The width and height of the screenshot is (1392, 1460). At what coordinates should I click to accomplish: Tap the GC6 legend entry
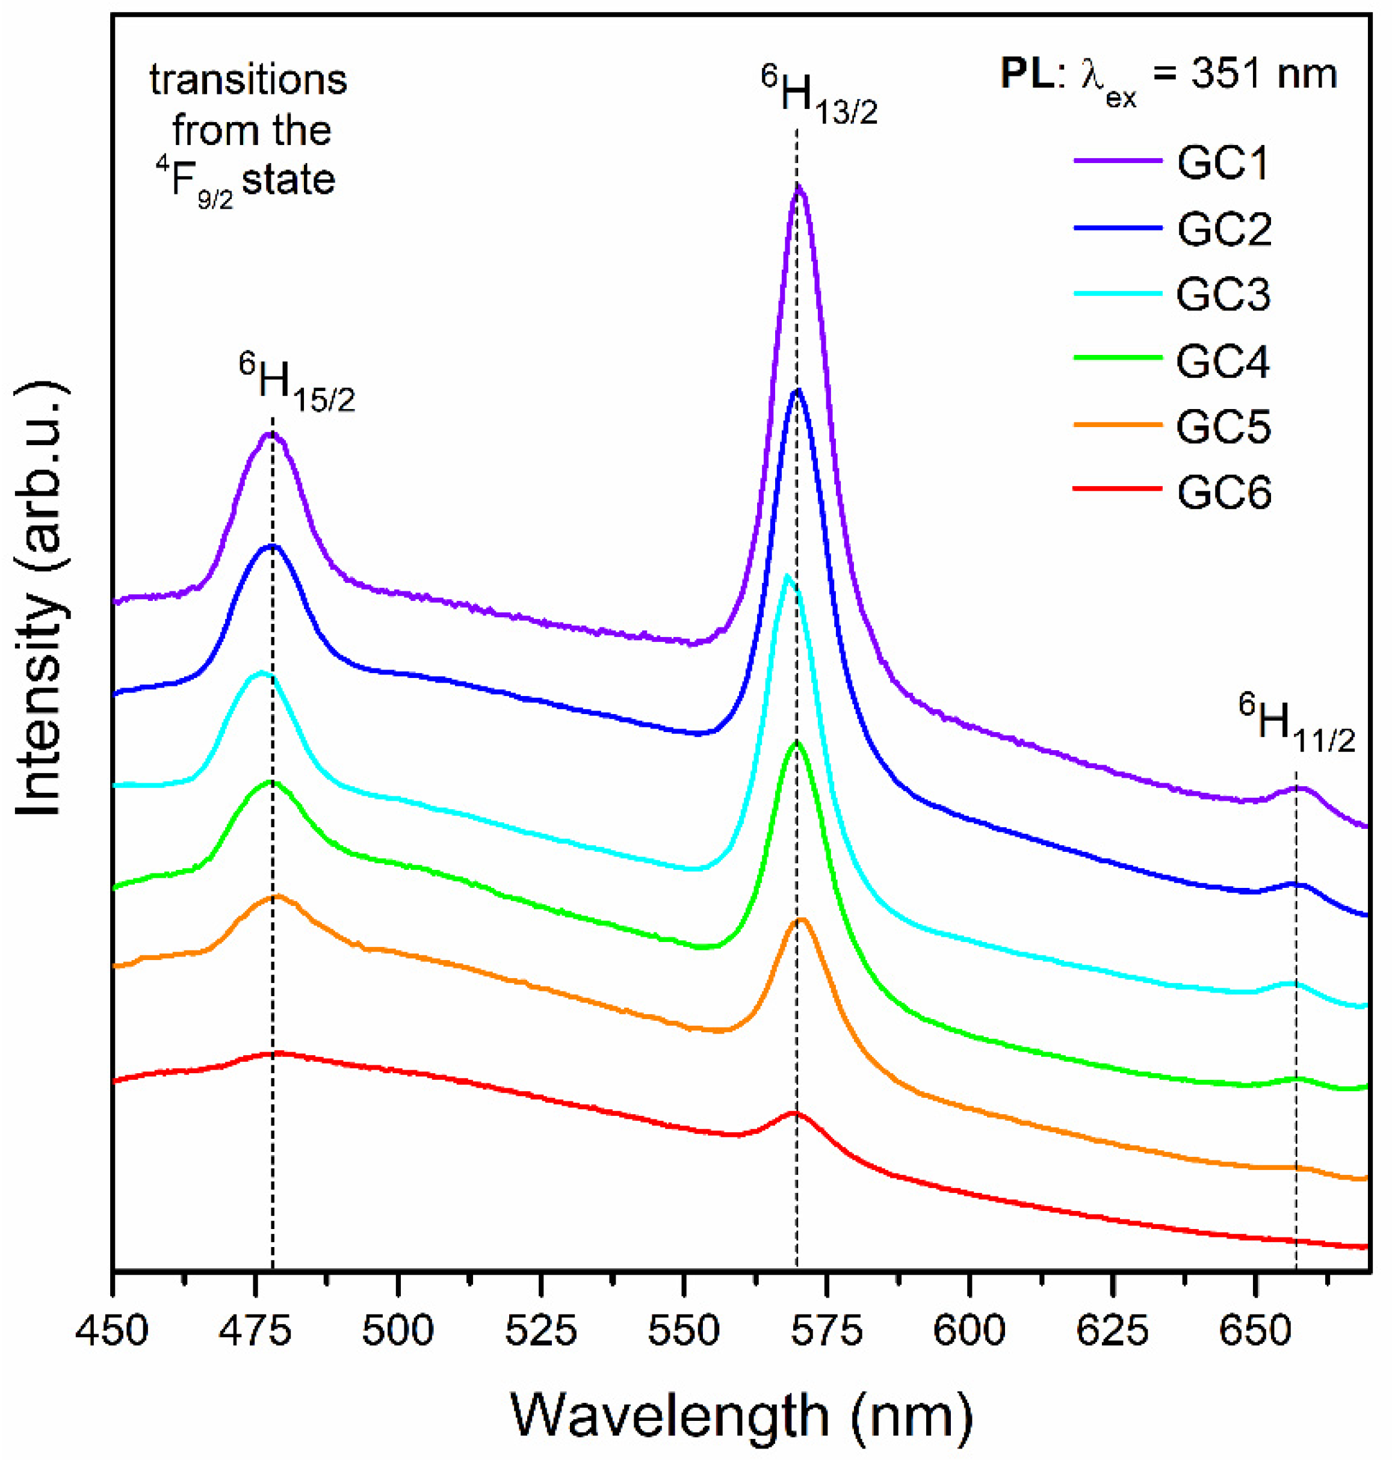[x=1223, y=493]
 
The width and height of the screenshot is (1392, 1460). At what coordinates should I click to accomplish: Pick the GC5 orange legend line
[x=1118, y=425]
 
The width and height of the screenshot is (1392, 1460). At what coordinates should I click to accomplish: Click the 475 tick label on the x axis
[x=255, y=1331]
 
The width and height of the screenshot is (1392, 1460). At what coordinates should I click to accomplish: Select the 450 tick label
[x=112, y=1331]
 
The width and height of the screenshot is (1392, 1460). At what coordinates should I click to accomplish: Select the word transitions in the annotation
[x=249, y=79]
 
